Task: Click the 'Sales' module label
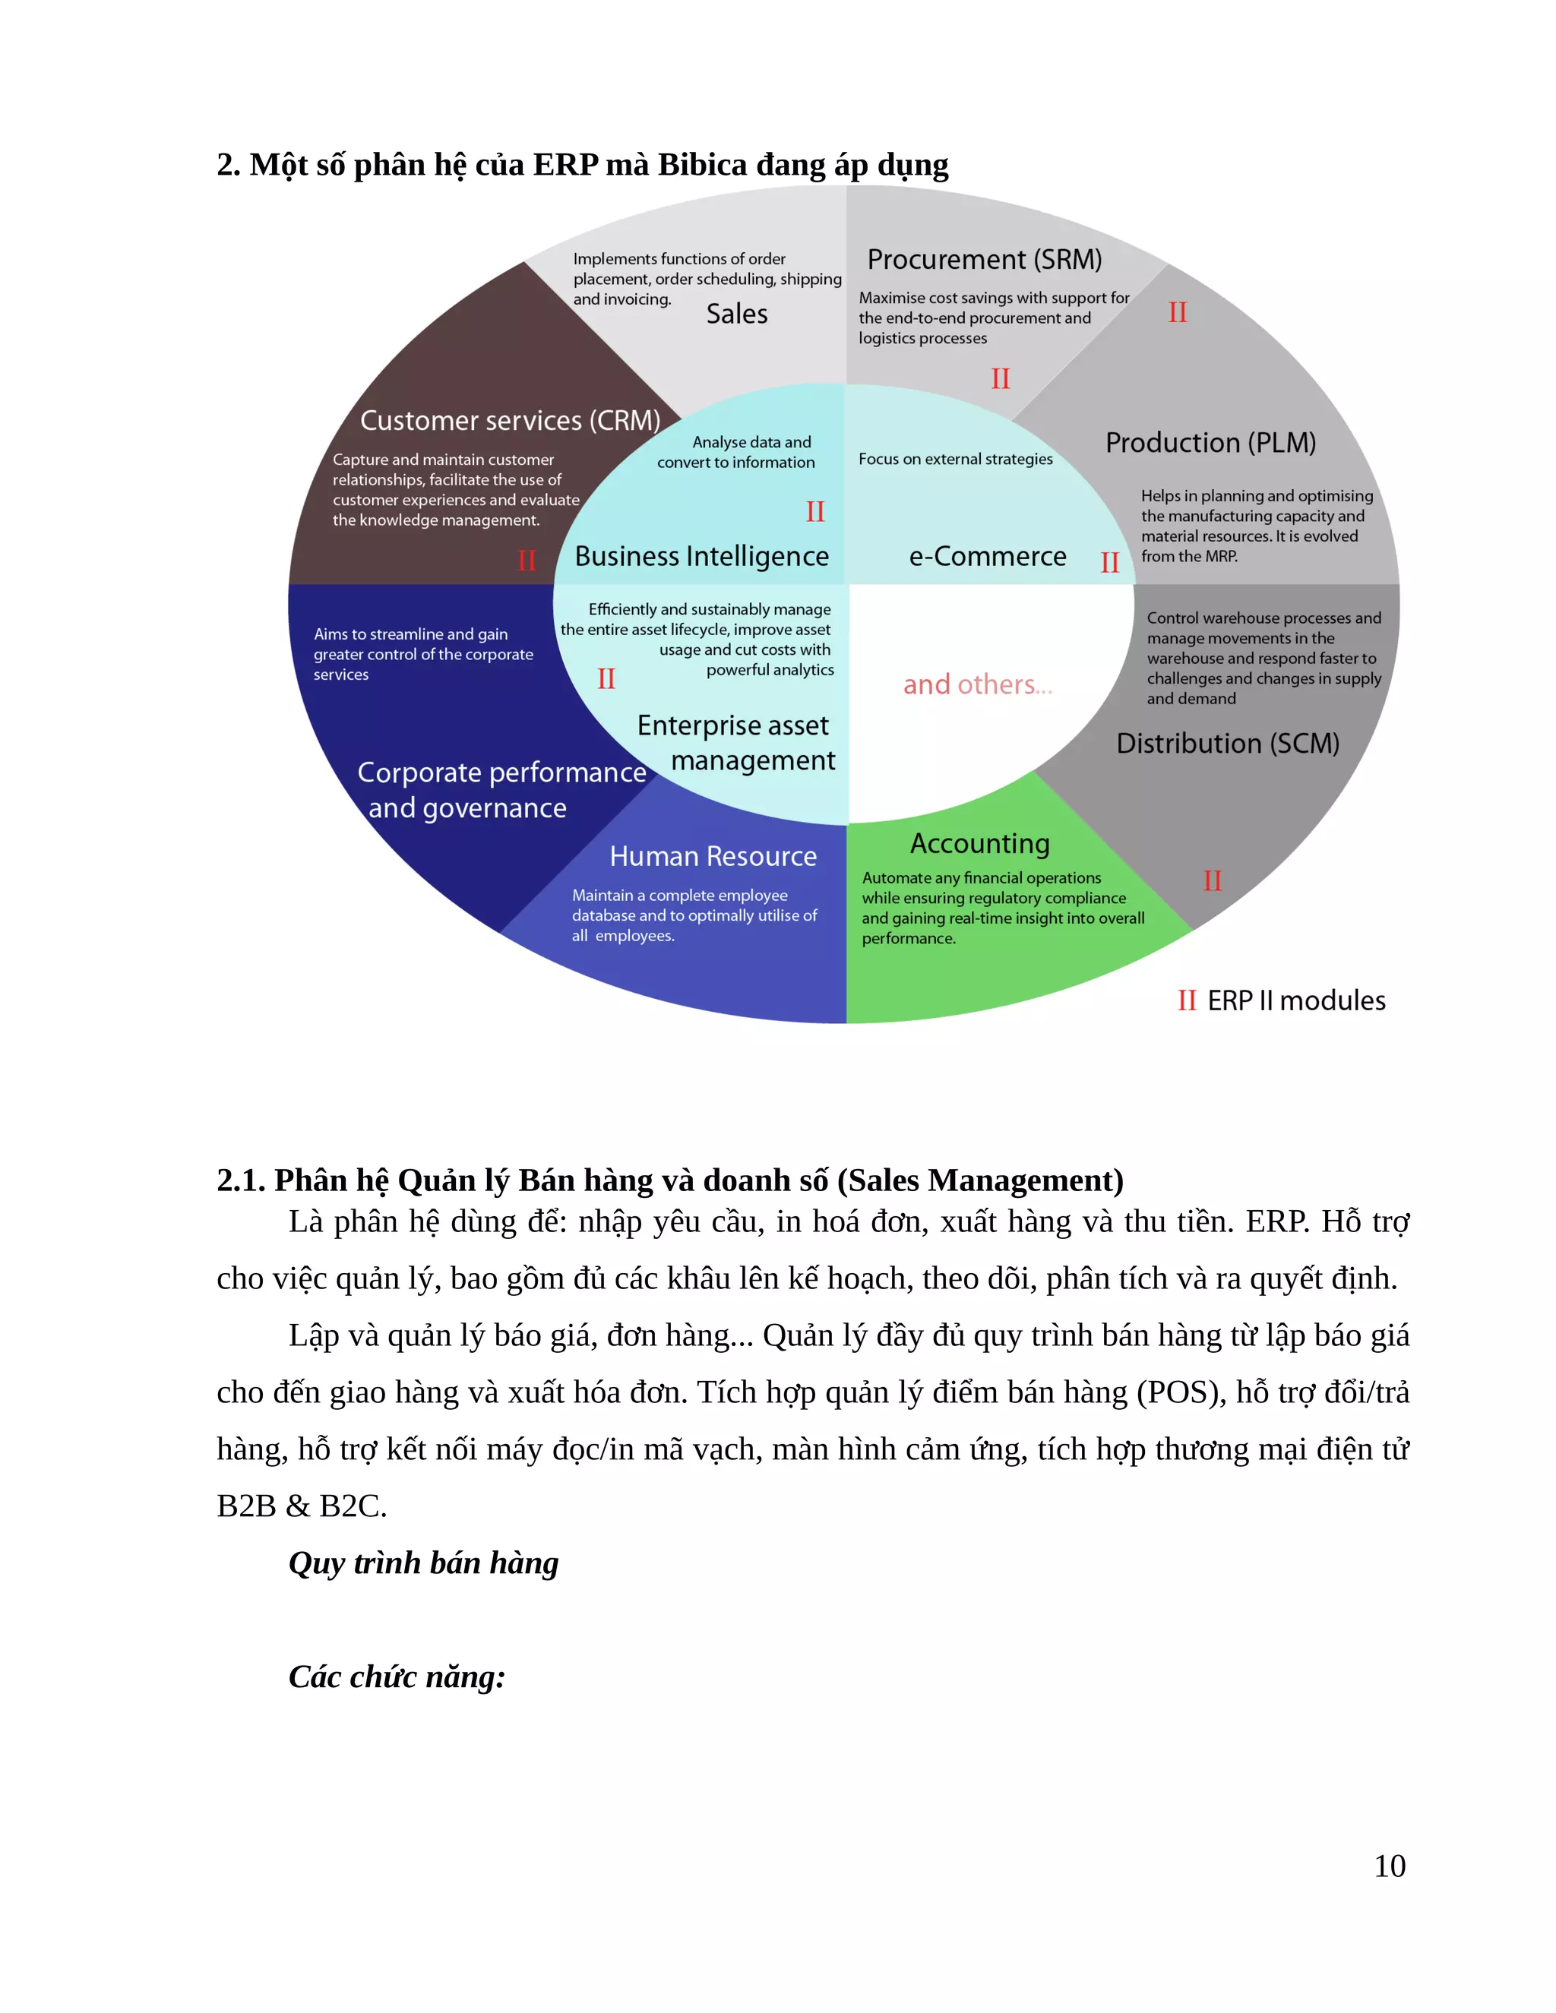point(736,314)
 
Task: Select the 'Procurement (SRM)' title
point(984,260)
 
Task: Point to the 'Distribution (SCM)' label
point(1227,743)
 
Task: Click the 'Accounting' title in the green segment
point(980,843)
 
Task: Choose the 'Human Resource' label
point(713,856)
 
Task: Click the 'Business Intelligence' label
point(701,556)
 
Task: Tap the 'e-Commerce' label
point(987,557)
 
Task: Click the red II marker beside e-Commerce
point(1110,562)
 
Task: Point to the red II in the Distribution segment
point(1212,881)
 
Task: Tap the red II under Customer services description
point(527,560)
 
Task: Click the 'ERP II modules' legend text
point(1295,1000)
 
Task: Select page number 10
point(1389,1866)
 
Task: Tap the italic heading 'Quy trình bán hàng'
point(423,1563)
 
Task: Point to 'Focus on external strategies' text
point(955,459)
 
